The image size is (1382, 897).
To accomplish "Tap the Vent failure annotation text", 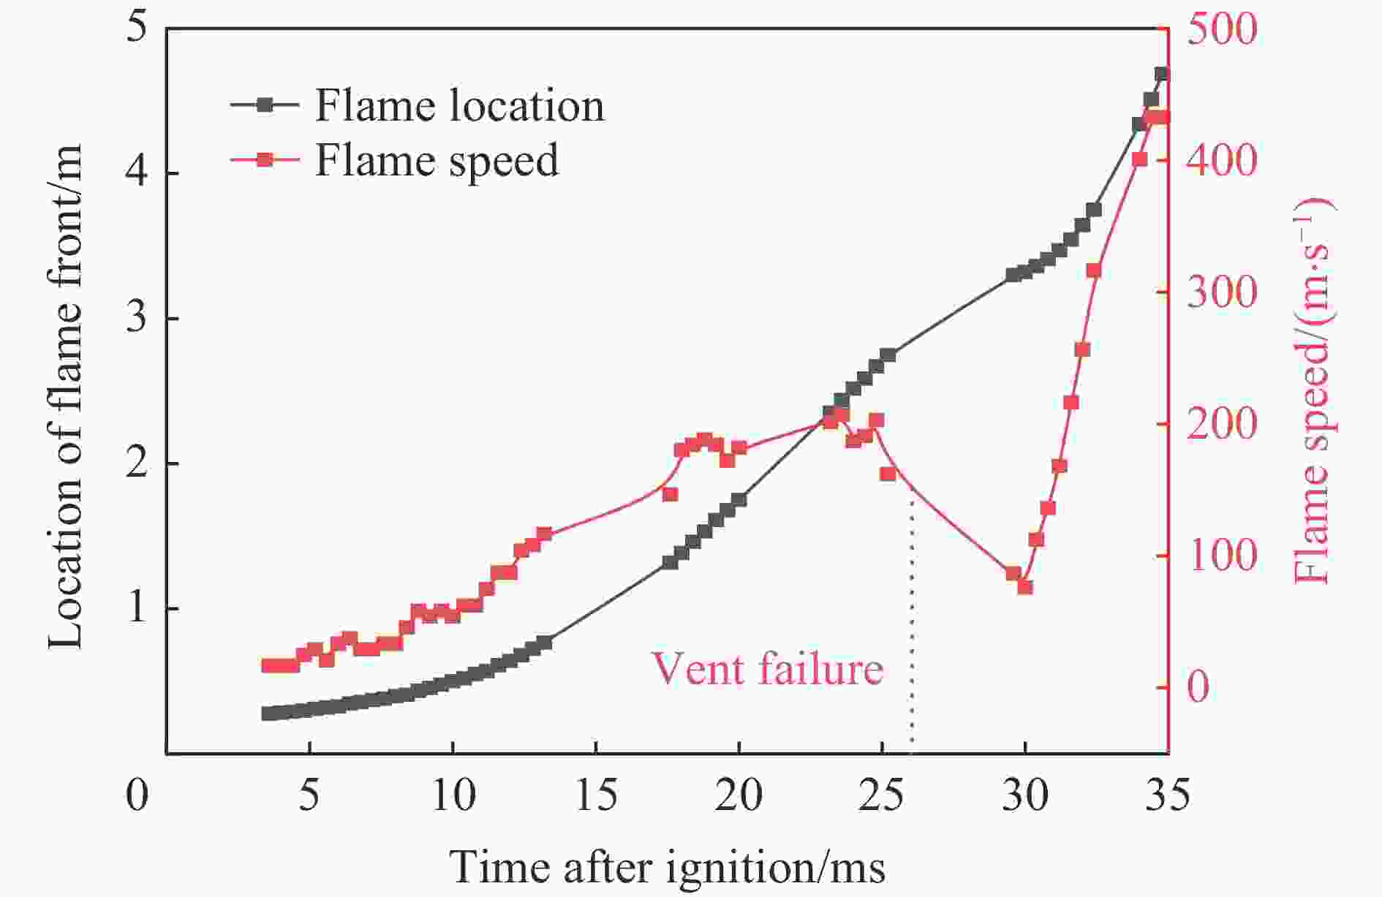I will (x=767, y=668).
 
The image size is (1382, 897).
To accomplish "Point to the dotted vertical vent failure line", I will (x=912, y=621).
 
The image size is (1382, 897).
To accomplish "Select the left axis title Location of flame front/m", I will (x=66, y=395).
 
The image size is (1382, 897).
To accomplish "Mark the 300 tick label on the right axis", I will (x=1221, y=293).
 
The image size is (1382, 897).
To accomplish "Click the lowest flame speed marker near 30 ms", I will (x=1024, y=587).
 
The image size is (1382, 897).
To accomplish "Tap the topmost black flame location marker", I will (x=1161, y=75).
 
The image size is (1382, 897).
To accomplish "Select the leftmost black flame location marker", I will (x=268, y=714).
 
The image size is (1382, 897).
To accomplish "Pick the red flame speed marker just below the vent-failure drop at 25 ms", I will (x=888, y=474).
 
